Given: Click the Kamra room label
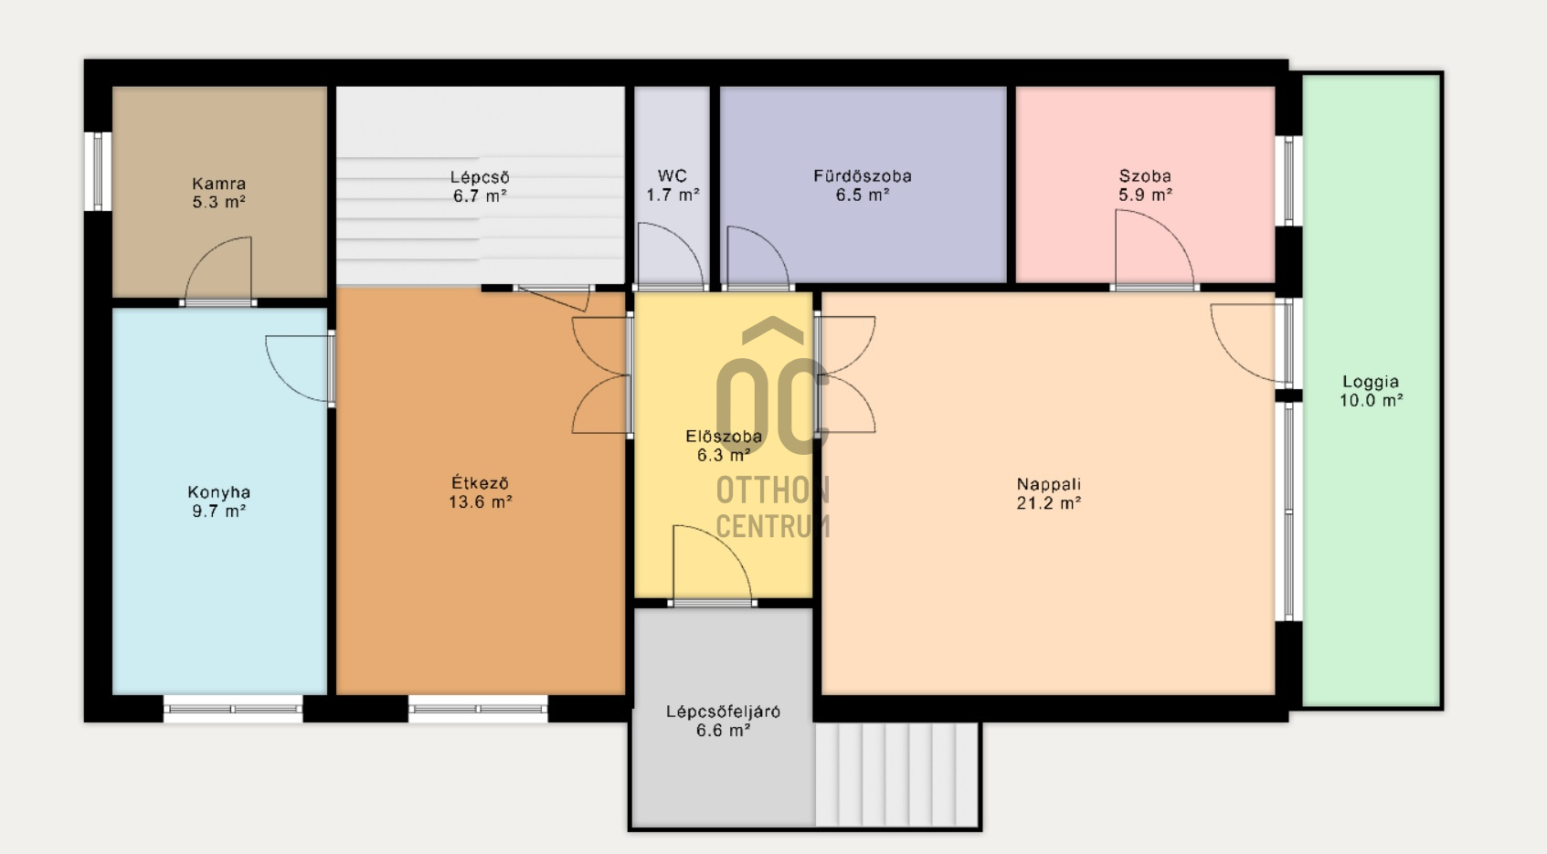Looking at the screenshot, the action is (219, 184).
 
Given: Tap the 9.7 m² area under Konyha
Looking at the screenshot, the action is (219, 511).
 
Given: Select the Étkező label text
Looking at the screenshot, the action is (480, 482).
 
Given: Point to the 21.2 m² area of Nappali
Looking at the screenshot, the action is (1048, 503).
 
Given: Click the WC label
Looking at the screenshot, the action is (673, 176).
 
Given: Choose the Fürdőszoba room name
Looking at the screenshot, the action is (863, 176).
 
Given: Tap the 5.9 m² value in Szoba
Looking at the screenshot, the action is (1145, 195).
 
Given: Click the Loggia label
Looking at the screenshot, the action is (1371, 382).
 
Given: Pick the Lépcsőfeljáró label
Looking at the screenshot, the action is (723, 712).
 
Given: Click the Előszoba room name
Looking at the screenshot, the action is (724, 437).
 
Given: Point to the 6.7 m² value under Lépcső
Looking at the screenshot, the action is (480, 196).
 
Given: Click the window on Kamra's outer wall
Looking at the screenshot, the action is (98, 171).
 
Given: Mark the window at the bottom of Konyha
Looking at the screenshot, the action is (233, 709).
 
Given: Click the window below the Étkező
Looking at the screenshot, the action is (478, 709).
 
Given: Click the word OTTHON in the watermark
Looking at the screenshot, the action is (773, 490).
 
